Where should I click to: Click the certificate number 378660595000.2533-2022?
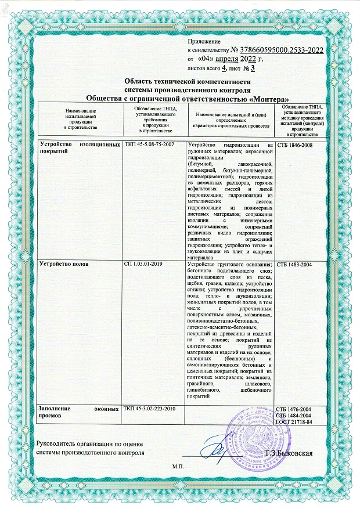click(x=277, y=51)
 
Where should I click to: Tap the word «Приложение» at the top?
click(x=205, y=42)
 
